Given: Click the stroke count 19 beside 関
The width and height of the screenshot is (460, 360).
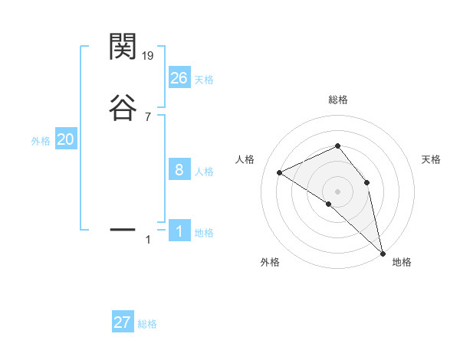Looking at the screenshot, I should (x=149, y=56).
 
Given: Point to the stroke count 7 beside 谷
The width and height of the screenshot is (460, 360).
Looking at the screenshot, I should (x=148, y=116).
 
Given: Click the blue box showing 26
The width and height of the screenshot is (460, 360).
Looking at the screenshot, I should (x=179, y=78).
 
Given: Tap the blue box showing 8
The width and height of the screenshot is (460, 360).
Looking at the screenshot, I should (x=179, y=170).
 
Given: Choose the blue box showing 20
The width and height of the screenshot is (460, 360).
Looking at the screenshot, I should (x=66, y=139).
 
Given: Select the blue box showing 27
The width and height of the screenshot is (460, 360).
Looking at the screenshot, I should (x=123, y=322).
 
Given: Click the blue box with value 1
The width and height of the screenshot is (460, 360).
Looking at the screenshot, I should (x=179, y=231).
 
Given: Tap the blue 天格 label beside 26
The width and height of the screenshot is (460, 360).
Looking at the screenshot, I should (x=204, y=80).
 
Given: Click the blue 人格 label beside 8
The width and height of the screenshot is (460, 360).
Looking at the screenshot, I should (x=204, y=172).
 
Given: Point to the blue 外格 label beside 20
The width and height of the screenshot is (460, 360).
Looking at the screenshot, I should (x=41, y=141).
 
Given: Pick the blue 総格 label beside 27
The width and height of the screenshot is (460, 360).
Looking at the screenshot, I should (x=147, y=324).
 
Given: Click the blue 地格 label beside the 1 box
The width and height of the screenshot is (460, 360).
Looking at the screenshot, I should (x=204, y=233).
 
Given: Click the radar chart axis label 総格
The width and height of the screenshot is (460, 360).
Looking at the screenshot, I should (x=337, y=100).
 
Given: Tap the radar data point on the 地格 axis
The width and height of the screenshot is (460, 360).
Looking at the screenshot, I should (x=383, y=252).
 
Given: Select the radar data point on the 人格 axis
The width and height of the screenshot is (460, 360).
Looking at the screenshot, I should (x=280, y=172).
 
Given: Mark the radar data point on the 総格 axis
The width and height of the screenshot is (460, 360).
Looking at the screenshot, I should (x=337, y=146).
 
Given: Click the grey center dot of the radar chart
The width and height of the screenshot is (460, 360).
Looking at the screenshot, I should (x=337, y=191).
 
